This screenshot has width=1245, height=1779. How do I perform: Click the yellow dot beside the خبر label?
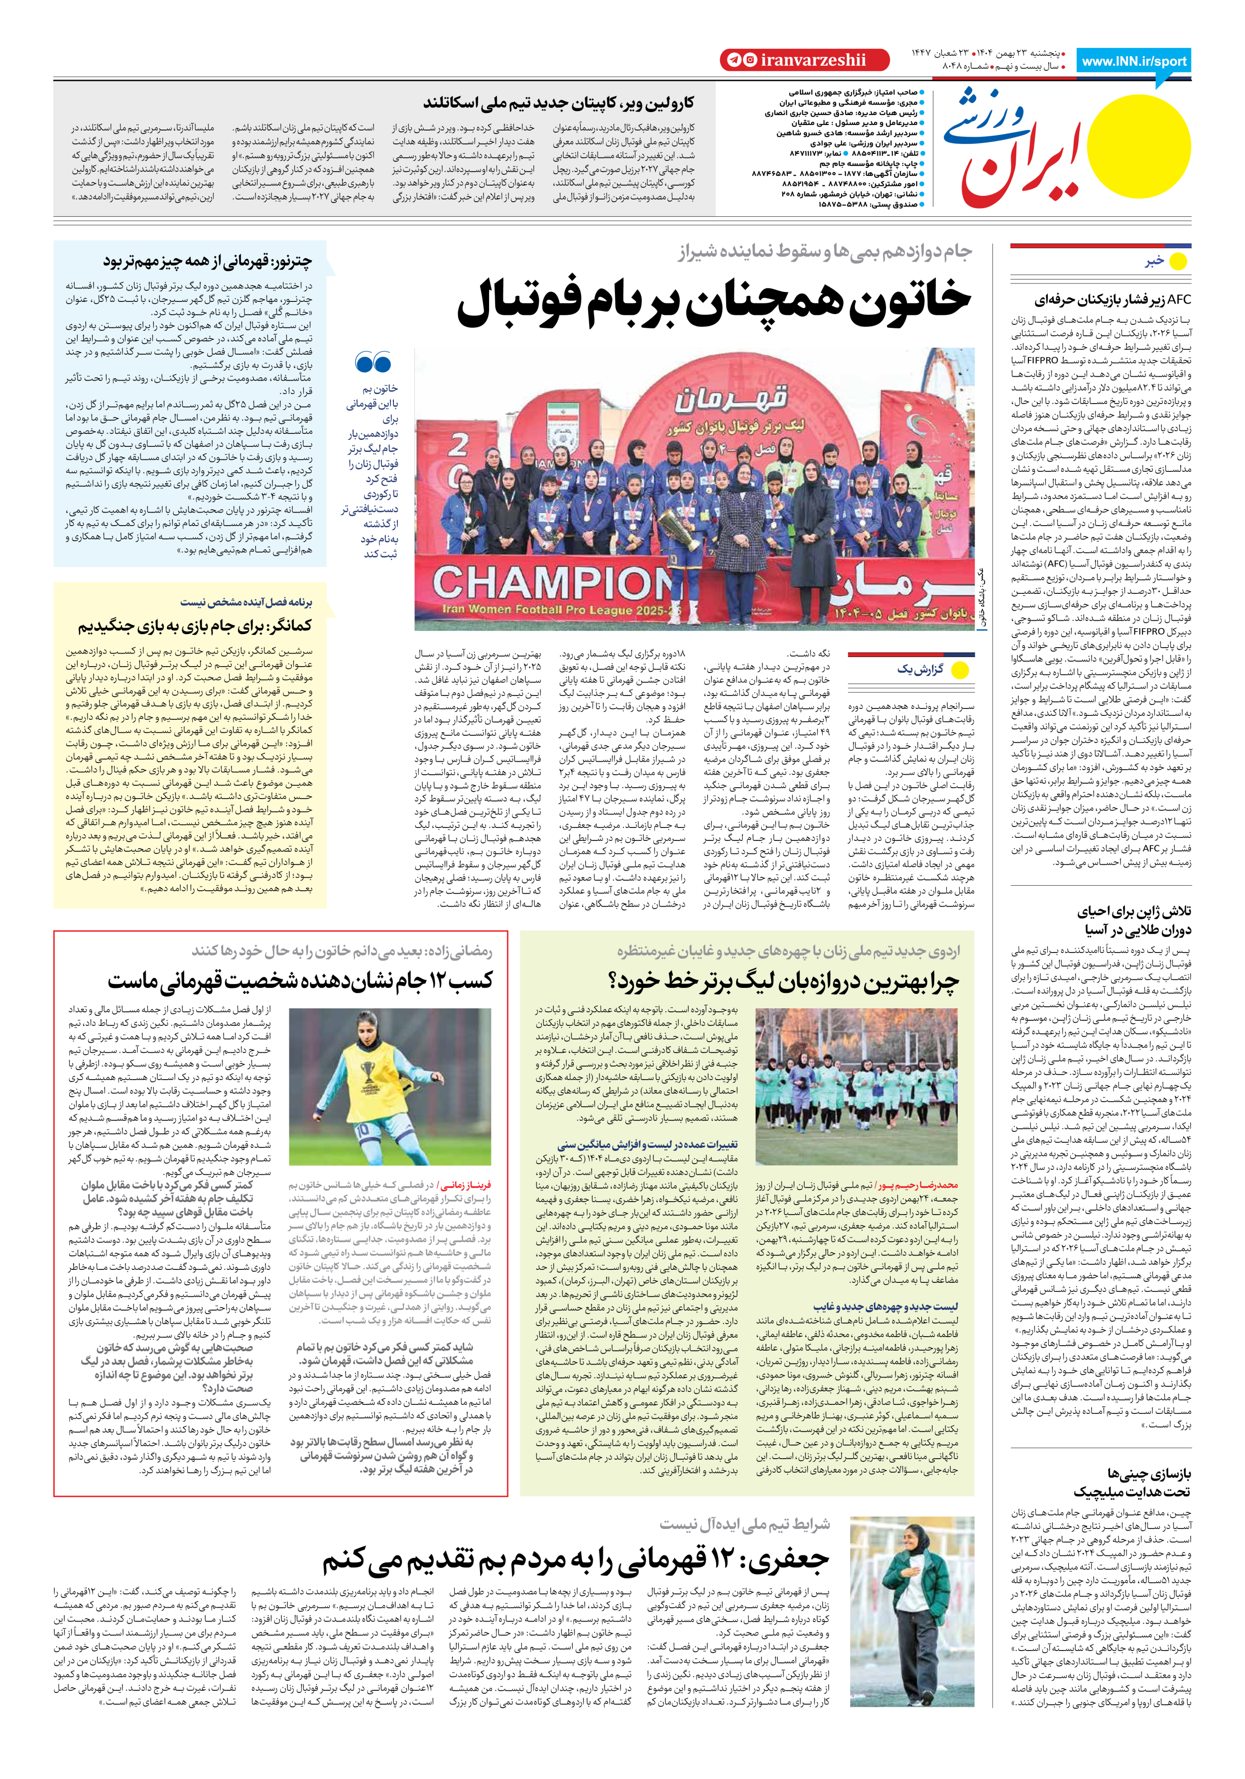click(x=1178, y=262)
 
